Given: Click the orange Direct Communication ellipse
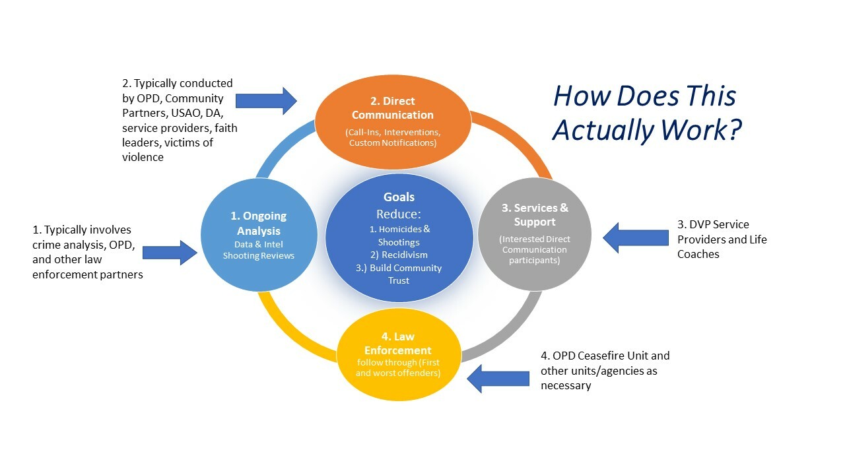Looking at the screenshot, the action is (393, 121).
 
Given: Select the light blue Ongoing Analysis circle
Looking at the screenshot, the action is (259, 235).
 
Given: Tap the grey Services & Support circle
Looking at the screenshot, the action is (535, 234).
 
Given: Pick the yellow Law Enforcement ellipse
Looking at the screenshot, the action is (399, 354).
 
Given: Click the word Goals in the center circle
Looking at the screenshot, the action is (399, 197).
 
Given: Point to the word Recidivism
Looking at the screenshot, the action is (405, 255).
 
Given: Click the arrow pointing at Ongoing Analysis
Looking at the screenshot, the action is (170, 253).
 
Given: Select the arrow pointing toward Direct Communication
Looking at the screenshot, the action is (266, 101).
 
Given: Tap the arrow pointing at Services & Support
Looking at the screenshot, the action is (636, 237).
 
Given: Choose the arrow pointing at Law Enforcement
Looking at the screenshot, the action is (498, 379).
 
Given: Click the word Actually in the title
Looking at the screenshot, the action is (603, 130).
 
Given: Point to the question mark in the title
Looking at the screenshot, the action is (735, 129).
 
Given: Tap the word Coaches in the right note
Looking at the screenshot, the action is (698, 254).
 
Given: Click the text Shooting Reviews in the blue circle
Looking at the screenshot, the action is (258, 255).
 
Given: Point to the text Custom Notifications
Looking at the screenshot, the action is (393, 143).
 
